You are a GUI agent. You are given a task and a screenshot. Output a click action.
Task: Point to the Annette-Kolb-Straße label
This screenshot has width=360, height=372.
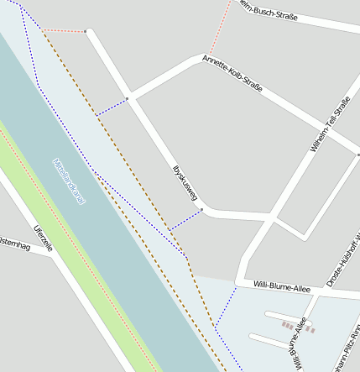232,75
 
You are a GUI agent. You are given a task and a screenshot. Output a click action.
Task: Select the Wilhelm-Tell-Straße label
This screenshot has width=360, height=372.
329,125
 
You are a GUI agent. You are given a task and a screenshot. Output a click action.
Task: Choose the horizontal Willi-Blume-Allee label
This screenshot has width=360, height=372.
282,288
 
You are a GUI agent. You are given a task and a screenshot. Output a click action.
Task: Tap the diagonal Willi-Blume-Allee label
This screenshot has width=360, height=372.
294,344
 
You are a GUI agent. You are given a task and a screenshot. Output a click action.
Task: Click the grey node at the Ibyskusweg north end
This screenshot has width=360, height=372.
86,31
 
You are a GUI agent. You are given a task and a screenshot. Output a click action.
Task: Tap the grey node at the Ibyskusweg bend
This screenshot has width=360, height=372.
201,210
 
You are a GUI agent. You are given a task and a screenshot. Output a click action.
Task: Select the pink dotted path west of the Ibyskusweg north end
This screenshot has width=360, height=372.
63,31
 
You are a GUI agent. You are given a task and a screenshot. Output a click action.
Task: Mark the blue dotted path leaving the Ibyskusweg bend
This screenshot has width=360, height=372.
185,220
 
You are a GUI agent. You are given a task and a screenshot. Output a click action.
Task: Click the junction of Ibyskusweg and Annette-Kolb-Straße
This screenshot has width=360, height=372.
128,98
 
